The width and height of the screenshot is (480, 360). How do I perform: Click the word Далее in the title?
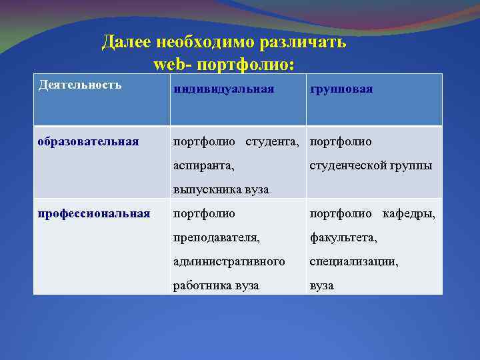(126, 43)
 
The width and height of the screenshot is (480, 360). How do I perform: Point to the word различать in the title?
(307, 43)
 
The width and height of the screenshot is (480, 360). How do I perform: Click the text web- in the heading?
(174, 65)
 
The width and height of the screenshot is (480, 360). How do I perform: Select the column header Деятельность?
(80, 85)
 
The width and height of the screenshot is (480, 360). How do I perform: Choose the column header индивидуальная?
(223, 89)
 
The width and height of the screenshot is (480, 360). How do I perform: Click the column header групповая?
(341, 89)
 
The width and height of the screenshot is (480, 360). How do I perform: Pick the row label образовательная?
(88, 141)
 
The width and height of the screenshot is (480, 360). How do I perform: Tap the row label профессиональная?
(94, 213)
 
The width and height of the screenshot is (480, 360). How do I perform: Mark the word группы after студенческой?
(410, 165)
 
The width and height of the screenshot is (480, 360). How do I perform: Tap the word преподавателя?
(216, 237)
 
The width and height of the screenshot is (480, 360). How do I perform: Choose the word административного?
(229, 261)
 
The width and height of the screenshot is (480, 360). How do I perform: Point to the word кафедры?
(409, 213)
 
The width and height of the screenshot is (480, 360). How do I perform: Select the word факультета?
(343, 237)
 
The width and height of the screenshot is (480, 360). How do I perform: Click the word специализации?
(353, 261)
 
